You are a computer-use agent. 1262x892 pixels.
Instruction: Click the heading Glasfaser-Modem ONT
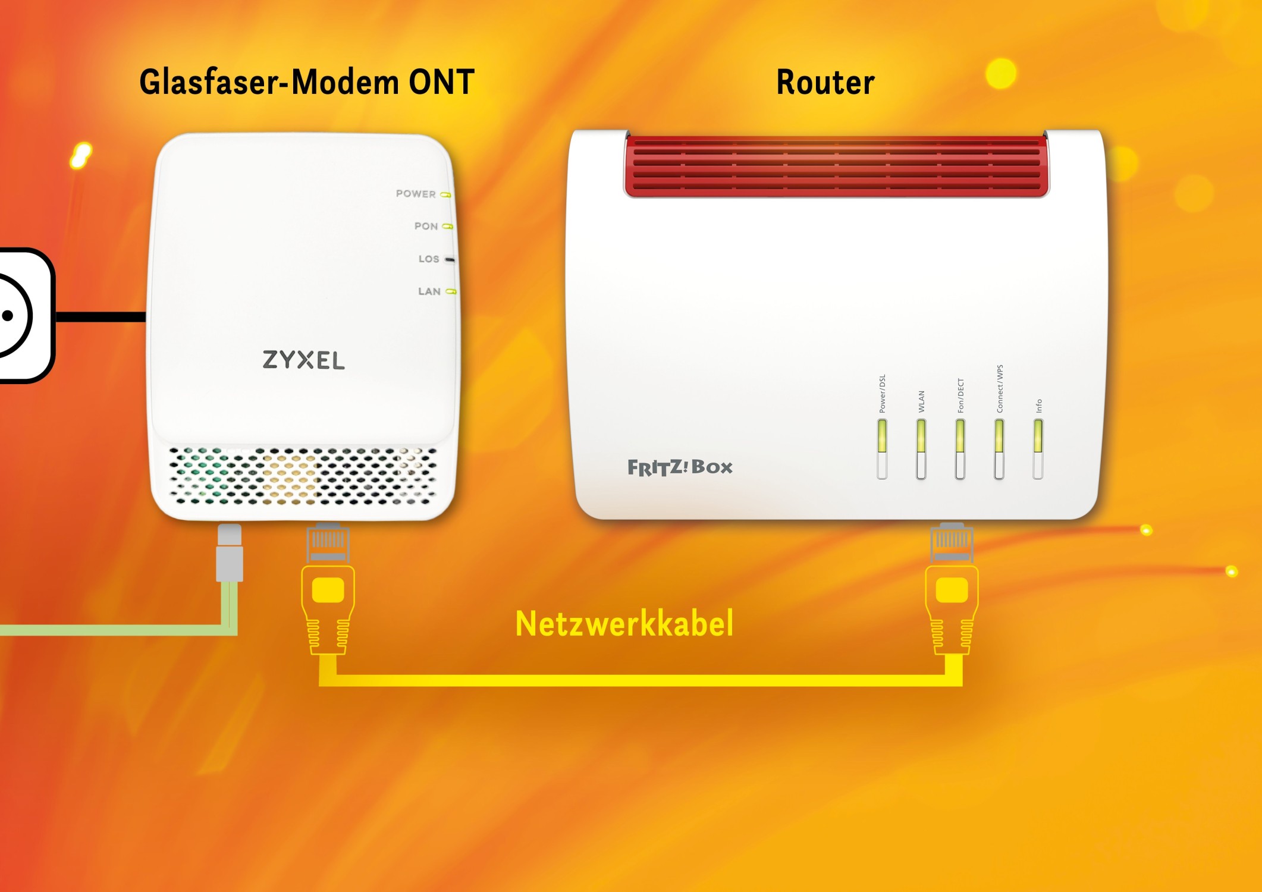click(x=306, y=82)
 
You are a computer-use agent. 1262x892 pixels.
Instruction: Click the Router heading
click(x=825, y=82)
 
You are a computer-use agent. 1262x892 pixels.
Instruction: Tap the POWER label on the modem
click(x=416, y=194)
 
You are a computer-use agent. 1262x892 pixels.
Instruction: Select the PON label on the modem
click(x=426, y=226)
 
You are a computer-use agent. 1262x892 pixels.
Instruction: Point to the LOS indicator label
click(x=429, y=259)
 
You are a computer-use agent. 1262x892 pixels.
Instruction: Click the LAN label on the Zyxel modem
click(x=429, y=291)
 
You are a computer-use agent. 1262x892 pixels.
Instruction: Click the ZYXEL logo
click(x=303, y=360)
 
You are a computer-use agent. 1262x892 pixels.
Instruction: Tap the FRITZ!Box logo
click(x=680, y=467)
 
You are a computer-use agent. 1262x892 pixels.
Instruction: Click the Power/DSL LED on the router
click(x=882, y=448)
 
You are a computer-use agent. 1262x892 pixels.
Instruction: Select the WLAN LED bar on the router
click(x=921, y=448)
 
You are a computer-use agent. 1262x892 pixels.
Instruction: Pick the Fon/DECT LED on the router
click(x=960, y=448)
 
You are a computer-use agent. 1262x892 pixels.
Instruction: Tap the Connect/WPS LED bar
click(x=999, y=448)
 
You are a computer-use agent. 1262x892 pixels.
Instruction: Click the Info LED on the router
click(x=1038, y=448)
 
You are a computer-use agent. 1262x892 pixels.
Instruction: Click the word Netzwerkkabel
click(x=624, y=624)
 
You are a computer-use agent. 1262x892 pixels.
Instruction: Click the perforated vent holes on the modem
click(x=303, y=476)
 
